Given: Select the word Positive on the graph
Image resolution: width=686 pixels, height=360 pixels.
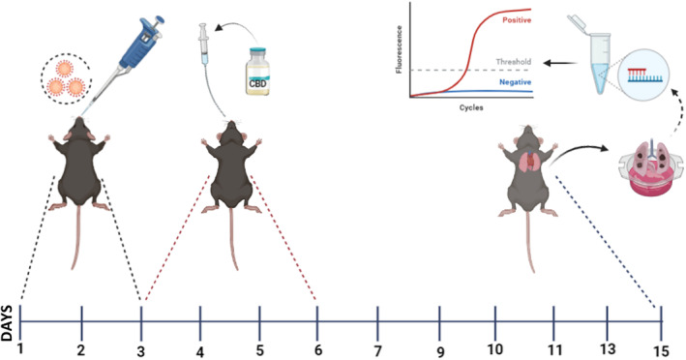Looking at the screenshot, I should click(x=525, y=18).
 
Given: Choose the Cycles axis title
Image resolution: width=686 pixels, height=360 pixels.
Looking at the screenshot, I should click(x=470, y=107).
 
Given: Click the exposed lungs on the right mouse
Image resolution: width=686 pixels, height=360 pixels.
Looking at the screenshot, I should click(x=527, y=160).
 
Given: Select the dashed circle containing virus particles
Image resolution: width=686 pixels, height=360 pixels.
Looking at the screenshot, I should click(x=66, y=77).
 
